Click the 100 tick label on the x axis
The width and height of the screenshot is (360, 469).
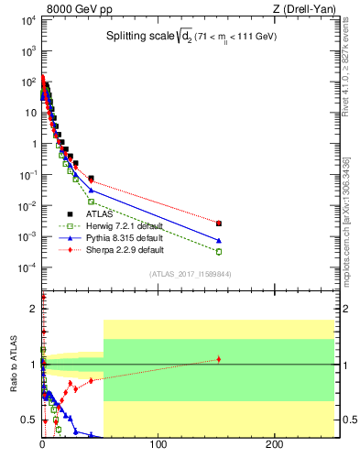(158, 446)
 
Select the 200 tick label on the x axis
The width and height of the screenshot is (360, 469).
(273, 446)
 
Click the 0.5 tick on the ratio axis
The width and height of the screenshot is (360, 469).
(29, 420)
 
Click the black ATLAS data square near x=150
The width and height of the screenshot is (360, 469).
(218, 223)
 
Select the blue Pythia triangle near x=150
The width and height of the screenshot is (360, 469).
(218, 240)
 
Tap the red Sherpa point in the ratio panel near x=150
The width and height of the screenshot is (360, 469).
(218, 359)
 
